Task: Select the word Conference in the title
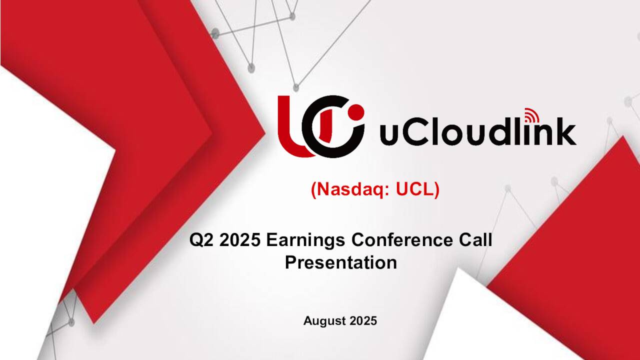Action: coord(401,240)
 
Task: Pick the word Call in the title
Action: coord(475,240)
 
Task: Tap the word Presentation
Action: coord(340,262)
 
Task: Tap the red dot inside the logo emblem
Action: coord(356,111)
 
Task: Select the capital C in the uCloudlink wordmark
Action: coord(415,132)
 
